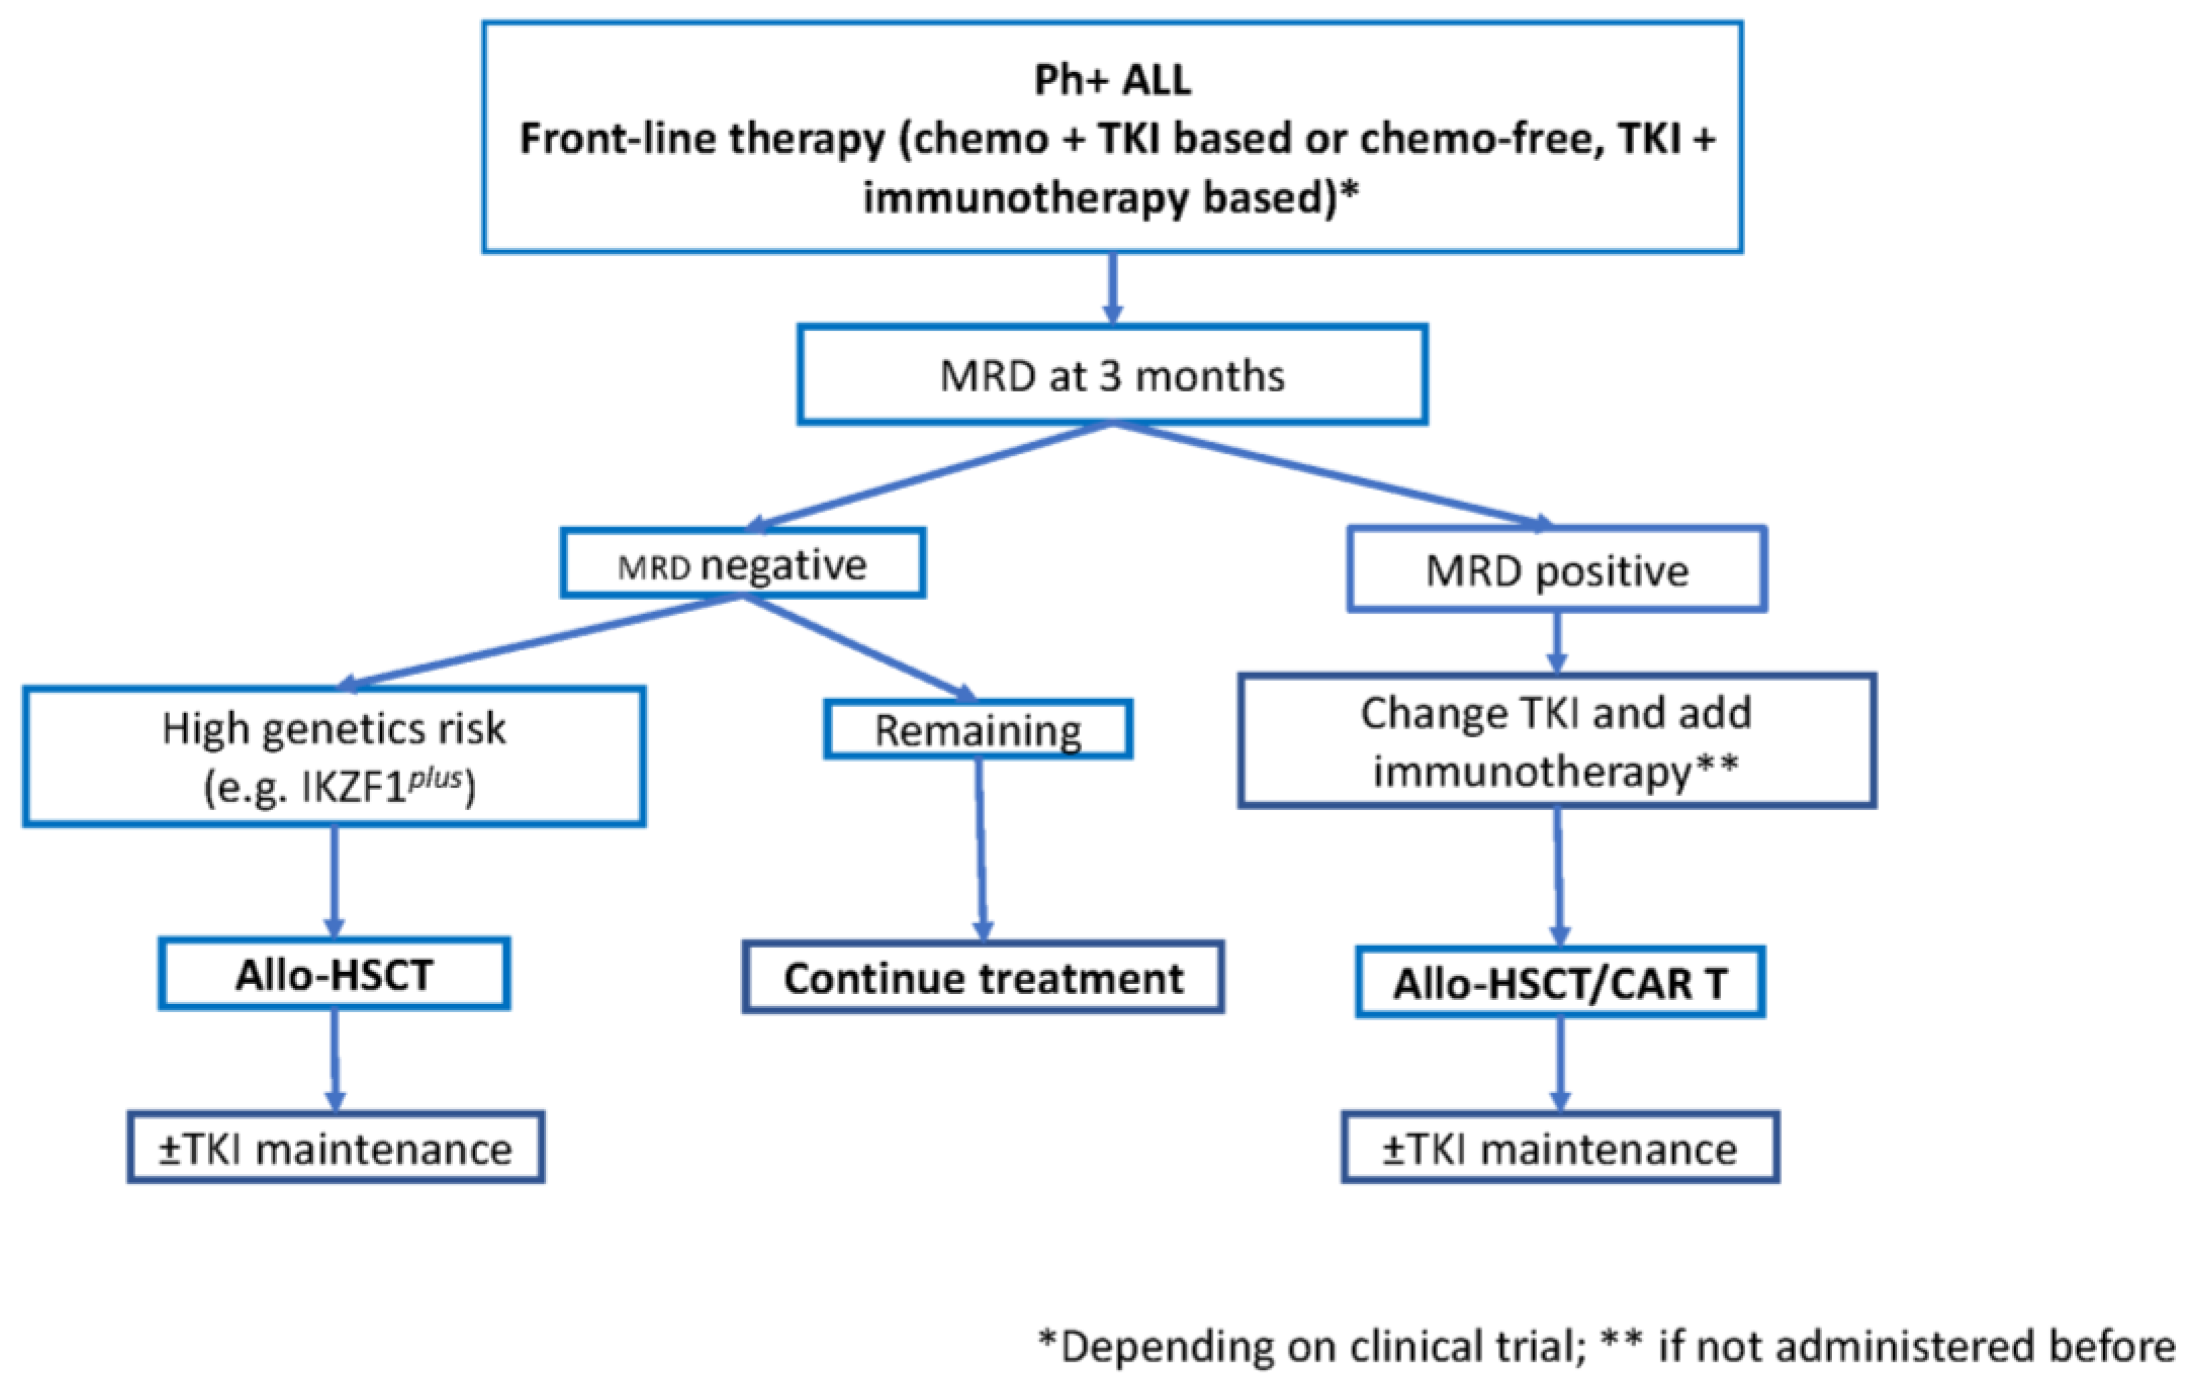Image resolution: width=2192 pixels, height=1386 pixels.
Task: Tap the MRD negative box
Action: (743, 565)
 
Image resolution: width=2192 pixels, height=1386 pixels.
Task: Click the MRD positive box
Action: (1557, 570)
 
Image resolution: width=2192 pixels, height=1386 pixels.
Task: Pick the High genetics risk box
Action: (334, 756)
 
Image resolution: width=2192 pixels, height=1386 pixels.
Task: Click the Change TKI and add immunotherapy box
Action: (1557, 741)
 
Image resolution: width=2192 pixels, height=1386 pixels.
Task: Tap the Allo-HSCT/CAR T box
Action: (1559, 983)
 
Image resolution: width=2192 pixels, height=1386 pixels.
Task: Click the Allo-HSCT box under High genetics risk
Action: (334, 975)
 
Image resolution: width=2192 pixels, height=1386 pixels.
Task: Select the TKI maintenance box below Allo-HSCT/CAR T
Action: (1559, 1148)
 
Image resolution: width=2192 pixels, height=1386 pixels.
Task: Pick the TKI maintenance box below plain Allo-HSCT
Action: (335, 1148)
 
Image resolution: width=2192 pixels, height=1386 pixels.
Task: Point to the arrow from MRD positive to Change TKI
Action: (1557, 642)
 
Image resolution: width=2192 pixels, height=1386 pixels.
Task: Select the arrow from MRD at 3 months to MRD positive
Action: (1329, 474)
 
